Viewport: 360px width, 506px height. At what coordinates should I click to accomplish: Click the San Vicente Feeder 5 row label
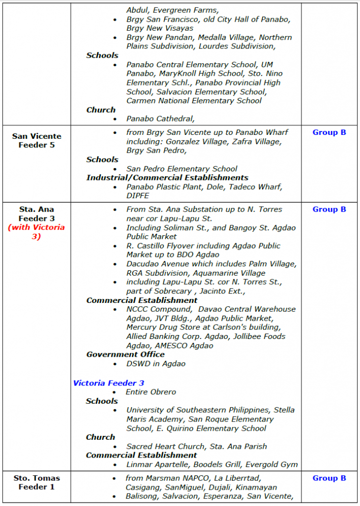pyautogui.click(x=37, y=140)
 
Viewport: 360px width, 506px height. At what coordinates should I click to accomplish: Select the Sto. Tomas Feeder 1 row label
pyautogui.click(x=37, y=482)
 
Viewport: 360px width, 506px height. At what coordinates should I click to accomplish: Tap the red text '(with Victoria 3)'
pyautogui.click(x=37, y=232)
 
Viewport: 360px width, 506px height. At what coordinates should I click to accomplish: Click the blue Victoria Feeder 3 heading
pyautogui.click(x=109, y=383)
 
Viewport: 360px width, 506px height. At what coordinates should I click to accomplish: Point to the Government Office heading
pyautogui.click(x=125, y=354)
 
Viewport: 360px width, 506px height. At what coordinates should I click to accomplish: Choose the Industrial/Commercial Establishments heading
pyautogui.click(x=167, y=177)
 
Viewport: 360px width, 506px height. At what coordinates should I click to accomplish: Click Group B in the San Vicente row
pyautogui.click(x=329, y=132)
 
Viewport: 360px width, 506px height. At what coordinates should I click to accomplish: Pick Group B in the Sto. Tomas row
pyautogui.click(x=329, y=478)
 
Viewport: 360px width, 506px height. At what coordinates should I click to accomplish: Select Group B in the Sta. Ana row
pyautogui.click(x=329, y=209)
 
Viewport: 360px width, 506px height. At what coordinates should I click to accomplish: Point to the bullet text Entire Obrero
pyautogui.click(x=151, y=392)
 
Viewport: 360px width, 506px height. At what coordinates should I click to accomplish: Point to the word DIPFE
pyautogui.click(x=138, y=196)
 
